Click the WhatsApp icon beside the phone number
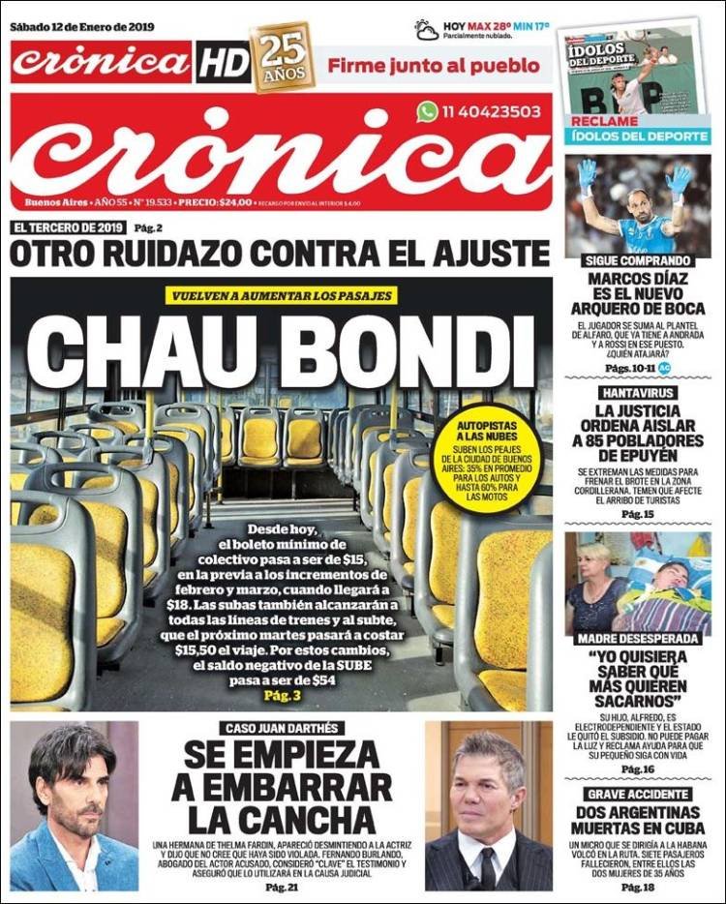pos(428,111)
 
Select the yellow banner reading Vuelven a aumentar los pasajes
pos(282,295)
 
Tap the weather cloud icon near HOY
pos(427,30)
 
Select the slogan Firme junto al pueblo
pos(433,66)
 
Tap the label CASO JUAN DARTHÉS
pos(282,728)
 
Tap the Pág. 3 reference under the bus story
pos(282,697)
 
